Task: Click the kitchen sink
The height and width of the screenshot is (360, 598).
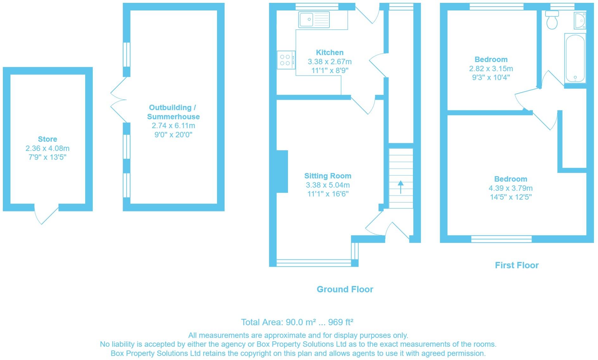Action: [314, 19]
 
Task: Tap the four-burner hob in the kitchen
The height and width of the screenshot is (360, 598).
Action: [286, 60]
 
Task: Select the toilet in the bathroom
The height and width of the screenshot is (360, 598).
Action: [552, 20]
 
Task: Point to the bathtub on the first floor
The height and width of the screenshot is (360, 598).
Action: [575, 58]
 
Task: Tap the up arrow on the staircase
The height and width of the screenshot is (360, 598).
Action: [401, 187]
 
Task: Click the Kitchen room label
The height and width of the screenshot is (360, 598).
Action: [330, 53]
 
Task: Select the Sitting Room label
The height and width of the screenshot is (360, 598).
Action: [328, 176]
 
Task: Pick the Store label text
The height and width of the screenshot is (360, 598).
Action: [47, 139]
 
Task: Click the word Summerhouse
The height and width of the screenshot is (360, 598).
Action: [173, 117]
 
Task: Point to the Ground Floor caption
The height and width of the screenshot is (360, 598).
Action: [345, 289]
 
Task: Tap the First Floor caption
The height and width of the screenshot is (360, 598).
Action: [517, 265]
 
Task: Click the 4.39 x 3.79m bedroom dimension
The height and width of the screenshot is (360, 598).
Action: [511, 188]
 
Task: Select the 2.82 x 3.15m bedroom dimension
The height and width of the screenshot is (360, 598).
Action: [491, 69]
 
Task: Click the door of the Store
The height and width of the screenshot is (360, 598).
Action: [46, 214]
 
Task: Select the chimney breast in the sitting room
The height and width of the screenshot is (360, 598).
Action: [282, 171]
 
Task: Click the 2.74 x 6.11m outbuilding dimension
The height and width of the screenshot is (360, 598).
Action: [173, 126]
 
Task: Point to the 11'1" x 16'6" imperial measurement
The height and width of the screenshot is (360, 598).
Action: [328, 194]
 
